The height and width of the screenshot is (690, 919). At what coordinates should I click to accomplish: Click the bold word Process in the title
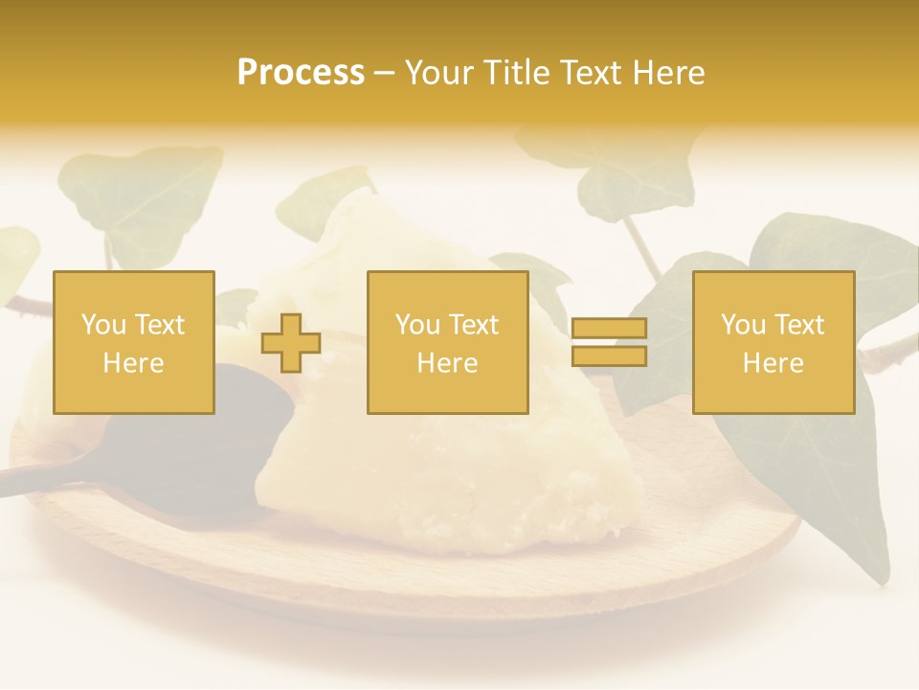tap(301, 73)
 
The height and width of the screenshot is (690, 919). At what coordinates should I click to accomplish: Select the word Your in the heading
tap(437, 73)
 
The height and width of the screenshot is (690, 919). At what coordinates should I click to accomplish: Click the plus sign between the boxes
tap(291, 343)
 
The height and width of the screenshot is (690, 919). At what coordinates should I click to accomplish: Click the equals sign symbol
tap(609, 343)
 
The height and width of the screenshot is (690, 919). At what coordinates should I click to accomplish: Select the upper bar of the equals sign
tap(609, 329)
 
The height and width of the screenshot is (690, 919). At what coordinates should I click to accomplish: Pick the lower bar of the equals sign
tap(609, 356)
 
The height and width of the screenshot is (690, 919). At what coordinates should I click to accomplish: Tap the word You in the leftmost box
tap(102, 325)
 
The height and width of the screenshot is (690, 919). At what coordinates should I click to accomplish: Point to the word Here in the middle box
tap(447, 363)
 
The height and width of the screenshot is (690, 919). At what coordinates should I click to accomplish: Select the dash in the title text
tap(384, 73)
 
